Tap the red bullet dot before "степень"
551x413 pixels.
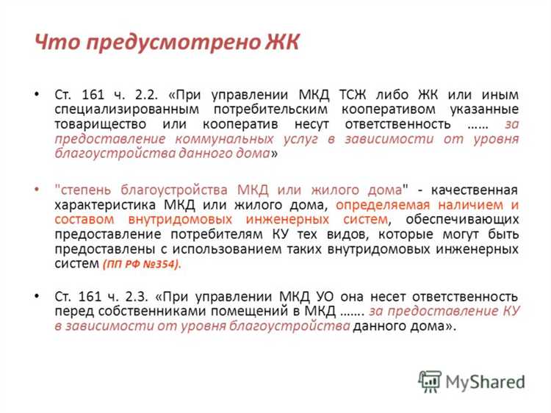[36, 189]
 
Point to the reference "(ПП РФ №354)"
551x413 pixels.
[141, 263]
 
